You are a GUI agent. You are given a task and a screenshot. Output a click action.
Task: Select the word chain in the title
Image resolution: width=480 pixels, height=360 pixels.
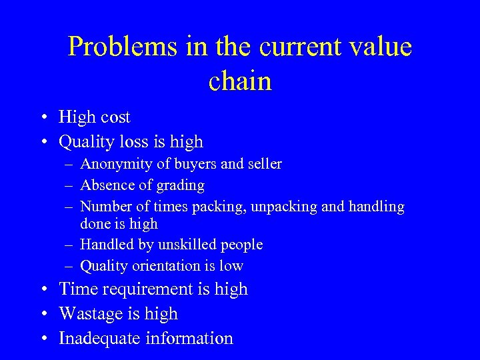tap(240, 81)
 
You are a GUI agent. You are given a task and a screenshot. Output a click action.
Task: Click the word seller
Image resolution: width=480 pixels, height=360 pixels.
tap(262, 164)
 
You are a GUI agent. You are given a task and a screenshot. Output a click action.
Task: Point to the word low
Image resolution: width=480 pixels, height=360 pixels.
tap(231, 265)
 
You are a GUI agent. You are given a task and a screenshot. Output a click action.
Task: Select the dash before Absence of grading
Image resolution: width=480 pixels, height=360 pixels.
tap(69, 185)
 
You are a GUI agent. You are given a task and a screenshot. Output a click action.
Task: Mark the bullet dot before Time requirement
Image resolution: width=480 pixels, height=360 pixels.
tap(42, 290)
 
